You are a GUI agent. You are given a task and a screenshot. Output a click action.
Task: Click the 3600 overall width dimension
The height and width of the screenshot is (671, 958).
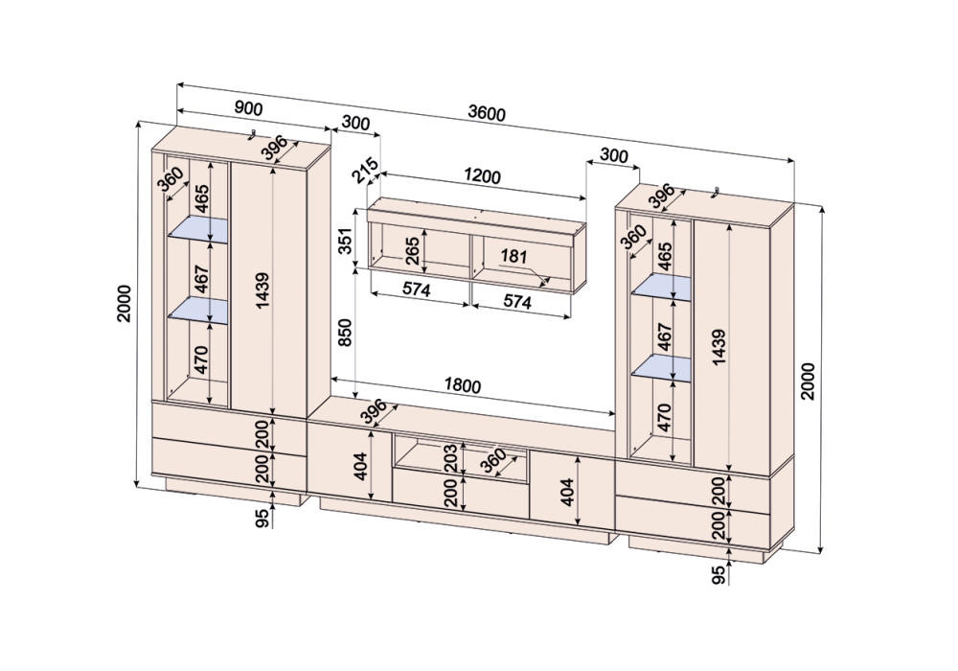click(x=487, y=113)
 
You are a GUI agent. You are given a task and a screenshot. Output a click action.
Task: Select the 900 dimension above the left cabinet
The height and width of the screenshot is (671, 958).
click(x=249, y=108)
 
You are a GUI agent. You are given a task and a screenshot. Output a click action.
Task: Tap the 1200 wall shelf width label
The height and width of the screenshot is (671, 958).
click(x=482, y=176)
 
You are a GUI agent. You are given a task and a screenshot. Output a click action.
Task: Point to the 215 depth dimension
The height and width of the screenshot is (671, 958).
click(x=365, y=171)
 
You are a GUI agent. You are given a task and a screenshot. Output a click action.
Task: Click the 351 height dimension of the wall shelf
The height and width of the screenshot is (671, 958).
click(x=345, y=242)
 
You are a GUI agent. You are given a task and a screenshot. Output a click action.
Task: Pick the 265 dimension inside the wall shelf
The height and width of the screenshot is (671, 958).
click(x=412, y=250)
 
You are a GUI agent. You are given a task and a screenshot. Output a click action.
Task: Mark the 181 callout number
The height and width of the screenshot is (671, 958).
click(x=513, y=256)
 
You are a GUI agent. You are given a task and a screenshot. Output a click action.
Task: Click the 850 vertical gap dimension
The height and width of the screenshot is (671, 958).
click(x=345, y=333)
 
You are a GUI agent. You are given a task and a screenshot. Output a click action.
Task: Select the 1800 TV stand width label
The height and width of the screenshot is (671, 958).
click(x=463, y=385)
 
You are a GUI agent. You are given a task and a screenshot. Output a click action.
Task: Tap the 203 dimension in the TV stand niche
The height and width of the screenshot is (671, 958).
click(x=449, y=458)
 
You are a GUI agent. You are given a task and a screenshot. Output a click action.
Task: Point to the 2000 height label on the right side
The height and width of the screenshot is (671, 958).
click(x=808, y=382)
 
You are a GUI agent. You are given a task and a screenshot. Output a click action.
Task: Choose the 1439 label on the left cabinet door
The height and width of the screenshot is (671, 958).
click(x=262, y=290)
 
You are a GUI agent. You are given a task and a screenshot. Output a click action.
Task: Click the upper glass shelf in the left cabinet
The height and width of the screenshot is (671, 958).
click(x=198, y=230)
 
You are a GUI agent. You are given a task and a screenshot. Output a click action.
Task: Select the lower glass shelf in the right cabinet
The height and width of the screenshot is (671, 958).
click(x=661, y=369)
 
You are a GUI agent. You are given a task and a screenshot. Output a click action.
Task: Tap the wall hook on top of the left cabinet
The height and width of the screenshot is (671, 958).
click(x=252, y=134)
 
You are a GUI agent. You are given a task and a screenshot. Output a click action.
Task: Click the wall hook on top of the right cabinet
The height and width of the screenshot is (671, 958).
click(x=718, y=192)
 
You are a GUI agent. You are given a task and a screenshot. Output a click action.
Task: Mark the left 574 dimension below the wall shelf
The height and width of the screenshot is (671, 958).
click(x=417, y=289)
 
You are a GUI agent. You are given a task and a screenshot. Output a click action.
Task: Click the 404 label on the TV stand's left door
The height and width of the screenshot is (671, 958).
click(x=360, y=466)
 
